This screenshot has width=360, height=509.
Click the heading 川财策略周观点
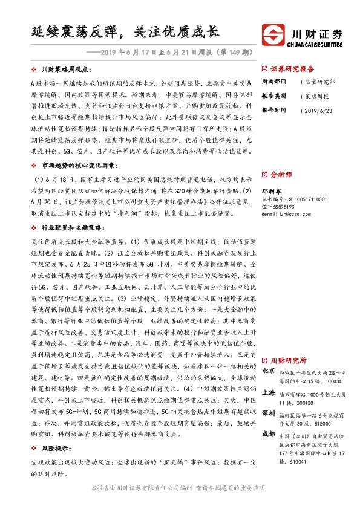pos(65,70)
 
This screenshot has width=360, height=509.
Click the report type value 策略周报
pos(315,96)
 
